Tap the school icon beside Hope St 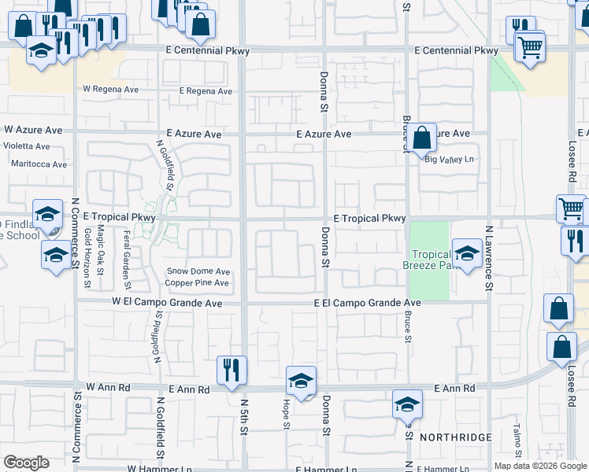[x=300, y=381]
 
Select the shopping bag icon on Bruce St [x=422, y=138]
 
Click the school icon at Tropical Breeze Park [x=467, y=253]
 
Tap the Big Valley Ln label [x=451, y=159]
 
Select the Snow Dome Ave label [x=198, y=271]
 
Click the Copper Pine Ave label [x=198, y=282]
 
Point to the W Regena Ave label [x=111, y=90]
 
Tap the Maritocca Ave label [x=39, y=164]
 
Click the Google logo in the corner [x=26, y=463]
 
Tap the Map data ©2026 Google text [x=540, y=466]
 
